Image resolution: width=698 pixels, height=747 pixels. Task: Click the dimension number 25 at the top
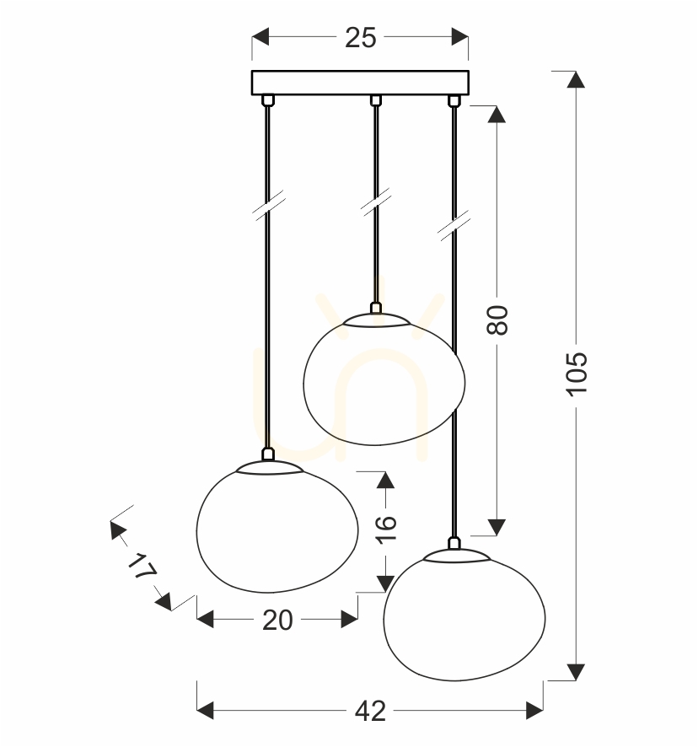point(360,38)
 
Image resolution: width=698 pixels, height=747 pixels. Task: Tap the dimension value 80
point(497,320)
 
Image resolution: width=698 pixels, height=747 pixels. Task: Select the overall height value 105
point(577,373)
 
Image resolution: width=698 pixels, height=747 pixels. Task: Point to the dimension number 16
point(386,529)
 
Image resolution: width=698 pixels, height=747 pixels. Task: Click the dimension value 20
point(277,621)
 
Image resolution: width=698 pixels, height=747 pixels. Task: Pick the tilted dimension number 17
point(142,567)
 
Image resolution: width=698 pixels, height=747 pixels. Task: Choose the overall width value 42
point(370,712)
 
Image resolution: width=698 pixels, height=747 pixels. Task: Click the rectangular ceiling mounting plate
point(360,83)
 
